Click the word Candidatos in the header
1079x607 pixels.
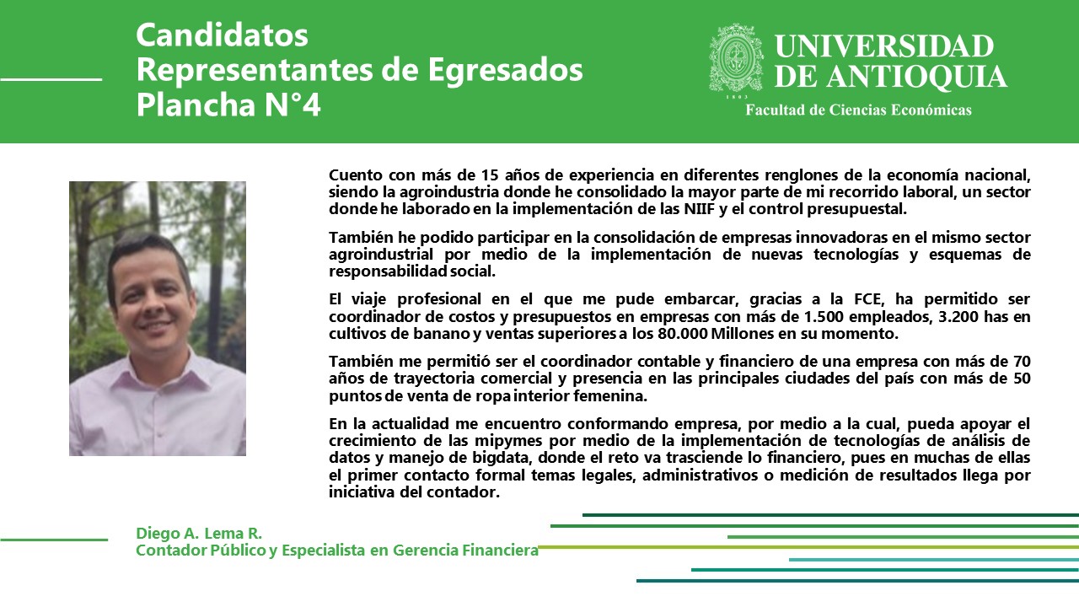tap(222, 35)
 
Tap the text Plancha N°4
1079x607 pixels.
tap(228, 105)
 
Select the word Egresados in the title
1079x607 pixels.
tap(505, 70)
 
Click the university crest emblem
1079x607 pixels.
tap(736, 58)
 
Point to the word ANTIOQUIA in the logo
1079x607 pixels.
tap(917, 77)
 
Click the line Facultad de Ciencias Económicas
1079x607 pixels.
tap(858, 110)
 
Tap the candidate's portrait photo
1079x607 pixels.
tap(158, 319)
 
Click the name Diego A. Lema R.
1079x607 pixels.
tap(199, 534)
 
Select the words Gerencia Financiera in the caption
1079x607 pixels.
tap(466, 551)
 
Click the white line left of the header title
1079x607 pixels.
tap(51, 79)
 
